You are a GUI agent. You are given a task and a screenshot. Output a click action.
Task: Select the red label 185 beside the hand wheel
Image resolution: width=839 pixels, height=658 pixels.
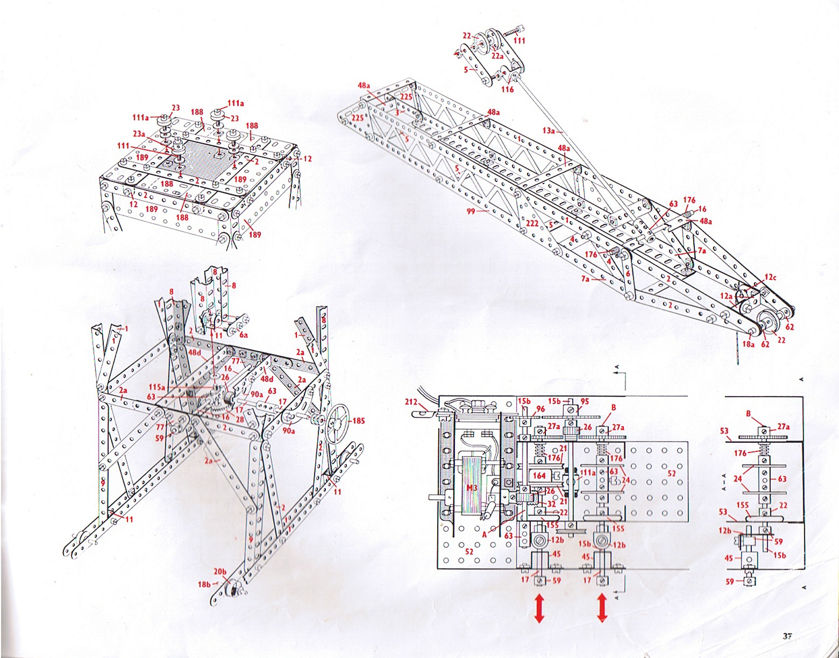point(358,421)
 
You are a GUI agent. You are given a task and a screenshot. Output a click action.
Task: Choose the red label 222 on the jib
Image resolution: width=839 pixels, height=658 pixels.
point(532,223)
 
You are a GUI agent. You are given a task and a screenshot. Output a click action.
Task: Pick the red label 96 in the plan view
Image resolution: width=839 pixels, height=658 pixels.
point(540,409)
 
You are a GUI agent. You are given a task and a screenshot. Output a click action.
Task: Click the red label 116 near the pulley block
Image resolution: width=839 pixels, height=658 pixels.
point(507,89)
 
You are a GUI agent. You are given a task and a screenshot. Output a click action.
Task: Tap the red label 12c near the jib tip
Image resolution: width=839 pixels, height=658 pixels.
point(770,277)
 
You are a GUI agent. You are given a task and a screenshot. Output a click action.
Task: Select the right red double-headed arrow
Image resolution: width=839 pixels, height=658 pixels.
point(602,608)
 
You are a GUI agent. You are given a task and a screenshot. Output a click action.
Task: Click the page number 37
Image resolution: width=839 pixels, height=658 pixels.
point(788,635)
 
